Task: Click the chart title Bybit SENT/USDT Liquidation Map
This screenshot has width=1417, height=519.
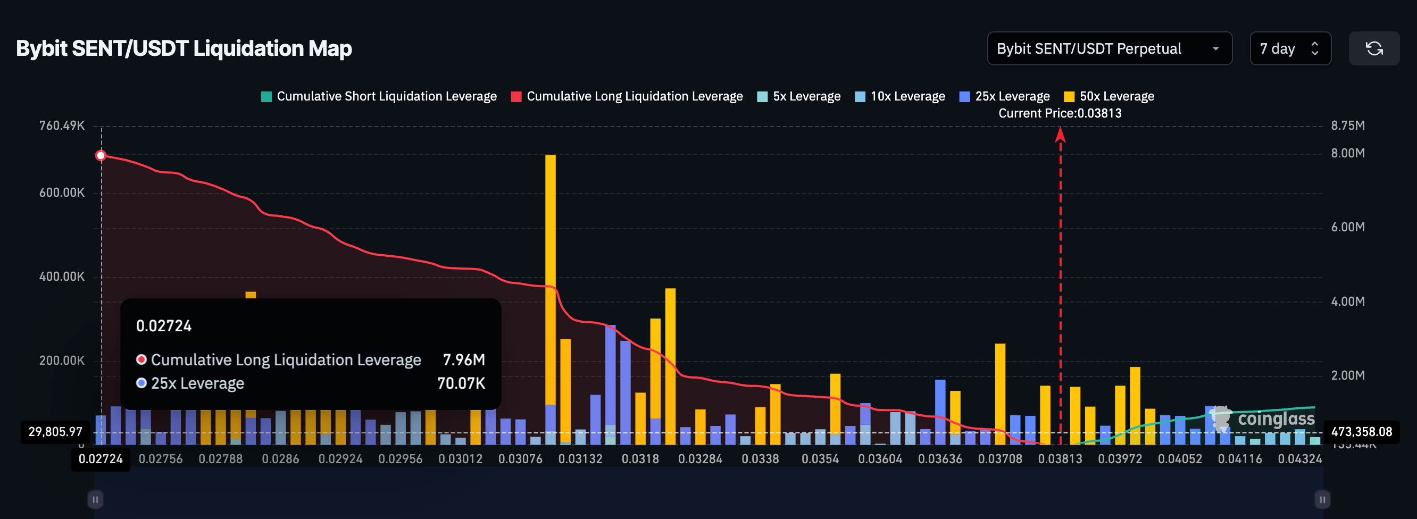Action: coord(184,49)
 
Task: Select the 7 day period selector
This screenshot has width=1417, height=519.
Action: coord(1289,49)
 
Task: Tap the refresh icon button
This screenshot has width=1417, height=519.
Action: coord(1373,49)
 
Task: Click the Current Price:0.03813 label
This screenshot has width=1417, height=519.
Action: coord(1060,113)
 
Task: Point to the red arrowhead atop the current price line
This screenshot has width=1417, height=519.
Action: coord(1060,134)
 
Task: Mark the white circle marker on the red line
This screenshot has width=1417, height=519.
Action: coord(101,156)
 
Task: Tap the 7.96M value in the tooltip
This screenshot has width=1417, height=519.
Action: coord(464,359)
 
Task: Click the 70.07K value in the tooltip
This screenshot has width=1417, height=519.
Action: coord(461,383)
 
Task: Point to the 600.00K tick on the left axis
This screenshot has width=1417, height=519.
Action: coord(62,192)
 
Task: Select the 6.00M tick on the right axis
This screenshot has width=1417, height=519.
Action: coord(1347,227)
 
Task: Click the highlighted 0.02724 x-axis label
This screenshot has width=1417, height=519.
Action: coord(101,459)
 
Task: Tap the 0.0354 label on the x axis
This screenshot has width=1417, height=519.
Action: coord(820,459)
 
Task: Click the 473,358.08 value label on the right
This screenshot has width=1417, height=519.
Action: coord(1361,432)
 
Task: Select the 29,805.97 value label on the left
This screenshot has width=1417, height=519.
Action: coord(55,432)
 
